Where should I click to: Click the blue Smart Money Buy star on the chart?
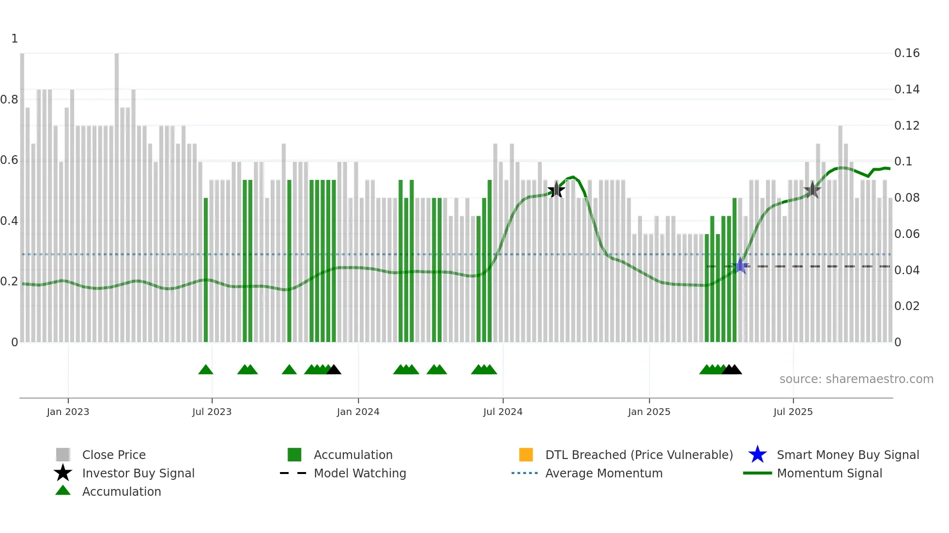[x=740, y=266]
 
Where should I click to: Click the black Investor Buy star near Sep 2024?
[x=556, y=190]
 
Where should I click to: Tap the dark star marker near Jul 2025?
[x=812, y=190]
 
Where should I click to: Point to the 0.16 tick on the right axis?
[x=906, y=53]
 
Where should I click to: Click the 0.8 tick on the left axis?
[x=9, y=100]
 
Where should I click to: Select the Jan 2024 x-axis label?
[x=358, y=412]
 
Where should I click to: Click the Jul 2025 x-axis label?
[x=793, y=412]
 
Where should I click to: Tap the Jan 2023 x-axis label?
[x=68, y=412]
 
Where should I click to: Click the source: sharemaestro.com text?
[x=856, y=379]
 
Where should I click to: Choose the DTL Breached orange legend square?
[x=526, y=455]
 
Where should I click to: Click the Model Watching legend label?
[x=360, y=473]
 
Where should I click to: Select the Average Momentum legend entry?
[x=603, y=473]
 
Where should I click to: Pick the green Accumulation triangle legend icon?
[x=63, y=490]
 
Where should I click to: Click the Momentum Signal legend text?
[x=829, y=473]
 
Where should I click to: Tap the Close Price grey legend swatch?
[x=63, y=455]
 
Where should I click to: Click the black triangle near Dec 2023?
[x=334, y=370]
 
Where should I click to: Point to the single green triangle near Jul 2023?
[x=206, y=370]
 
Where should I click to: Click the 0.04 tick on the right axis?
[x=906, y=270]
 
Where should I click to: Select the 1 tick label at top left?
[x=15, y=39]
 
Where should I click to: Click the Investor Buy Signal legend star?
[x=63, y=473]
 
